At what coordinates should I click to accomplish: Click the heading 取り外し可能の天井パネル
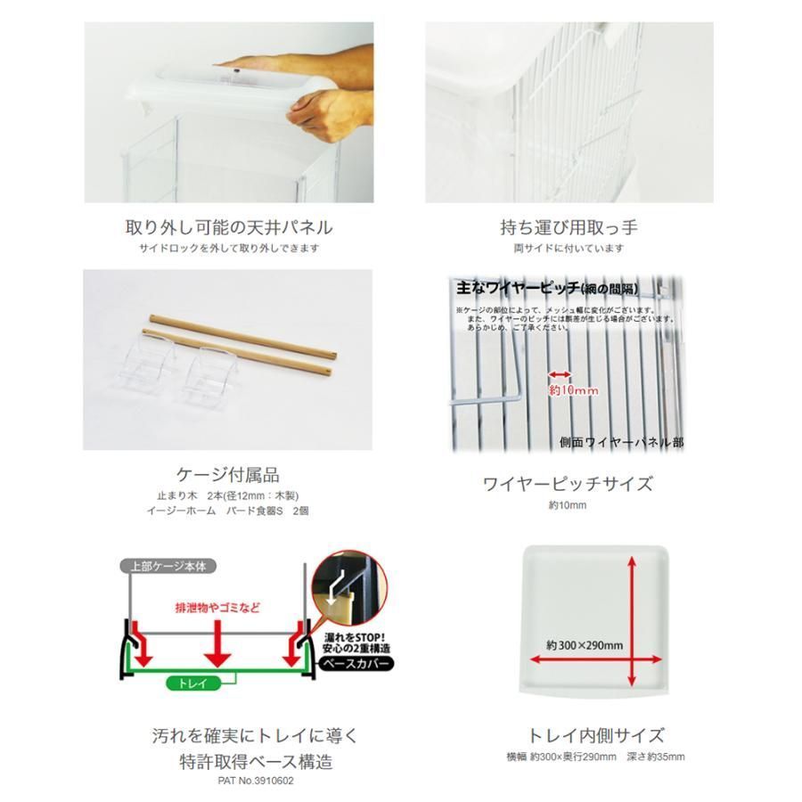[230, 227]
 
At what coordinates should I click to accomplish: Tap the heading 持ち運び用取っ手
[569, 227]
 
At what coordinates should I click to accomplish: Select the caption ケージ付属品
[229, 474]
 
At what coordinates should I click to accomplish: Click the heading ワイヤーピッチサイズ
[568, 484]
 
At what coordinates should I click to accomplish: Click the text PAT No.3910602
[255, 781]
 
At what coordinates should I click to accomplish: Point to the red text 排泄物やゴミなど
[217, 607]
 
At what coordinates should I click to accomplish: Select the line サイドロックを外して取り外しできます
[229, 249]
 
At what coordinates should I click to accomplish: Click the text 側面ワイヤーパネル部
[622, 441]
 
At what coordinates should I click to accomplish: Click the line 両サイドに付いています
[568, 249]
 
